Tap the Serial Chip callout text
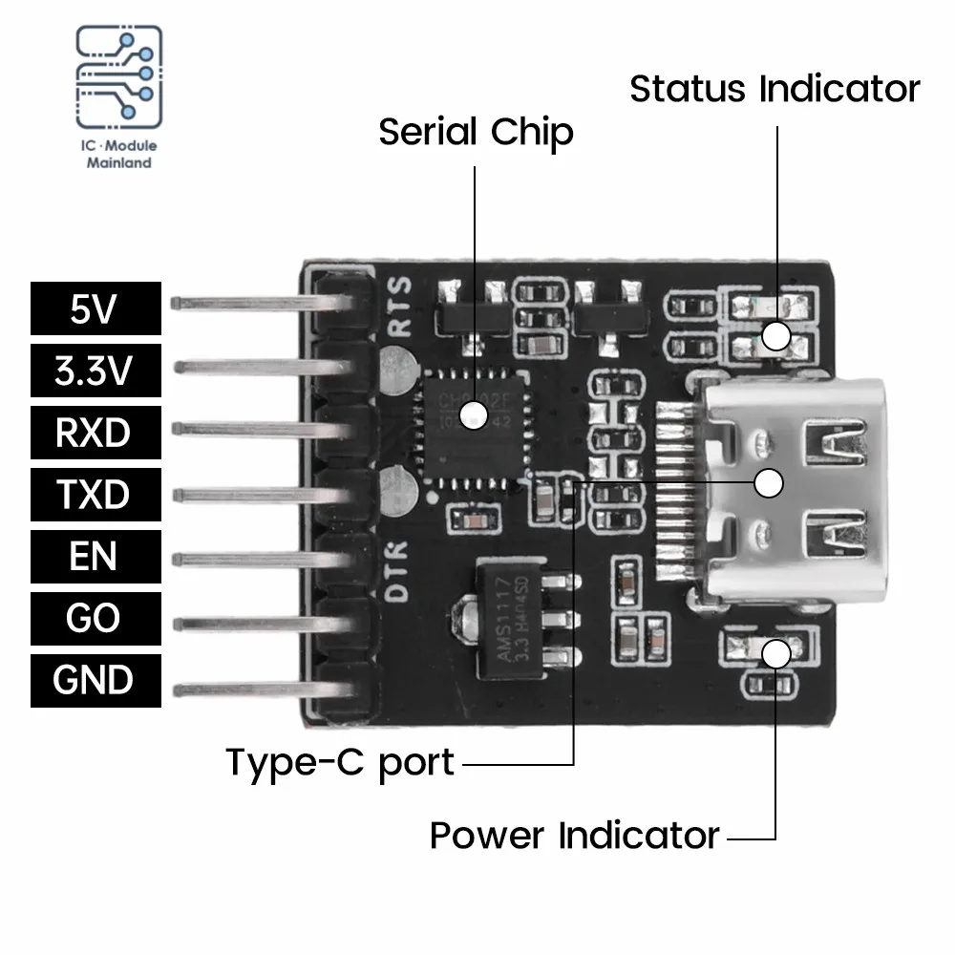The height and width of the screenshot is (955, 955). [476, 132]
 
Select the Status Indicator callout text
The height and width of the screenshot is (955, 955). [775, 89]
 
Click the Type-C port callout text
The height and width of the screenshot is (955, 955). [340, 763]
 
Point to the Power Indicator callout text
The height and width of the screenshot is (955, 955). [574, 835]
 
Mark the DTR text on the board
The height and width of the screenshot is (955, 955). [399, 569]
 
